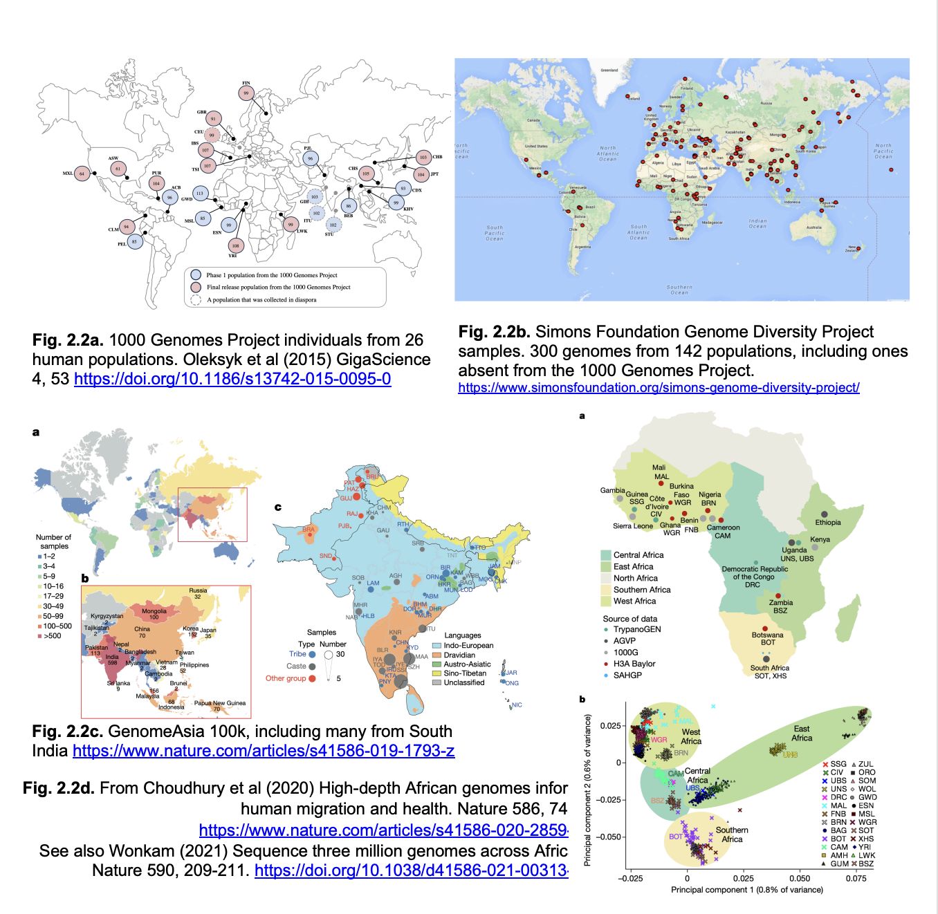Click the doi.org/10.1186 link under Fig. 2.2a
point(232,379)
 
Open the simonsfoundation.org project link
point(659,388)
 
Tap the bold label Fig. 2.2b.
point(494,332)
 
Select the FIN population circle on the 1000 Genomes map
point(246,93)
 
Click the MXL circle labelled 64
point(82,174)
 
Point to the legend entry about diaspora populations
point(261,300)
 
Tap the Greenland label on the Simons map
point(609,71)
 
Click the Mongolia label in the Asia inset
point(154,611)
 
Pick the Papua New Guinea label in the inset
point(220,703)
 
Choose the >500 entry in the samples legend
point(52,636)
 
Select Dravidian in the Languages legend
point(459,655)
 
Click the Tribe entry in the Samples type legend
point(297,654)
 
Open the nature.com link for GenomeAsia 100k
point(264,751)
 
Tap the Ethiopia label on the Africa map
point(828,523)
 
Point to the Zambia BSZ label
point(780,606)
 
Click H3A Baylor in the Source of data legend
point(634,664)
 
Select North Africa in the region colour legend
point(636,578)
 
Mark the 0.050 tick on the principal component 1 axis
point(800,878)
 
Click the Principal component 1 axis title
point(747,890)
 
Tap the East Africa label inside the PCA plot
point(802,734)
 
